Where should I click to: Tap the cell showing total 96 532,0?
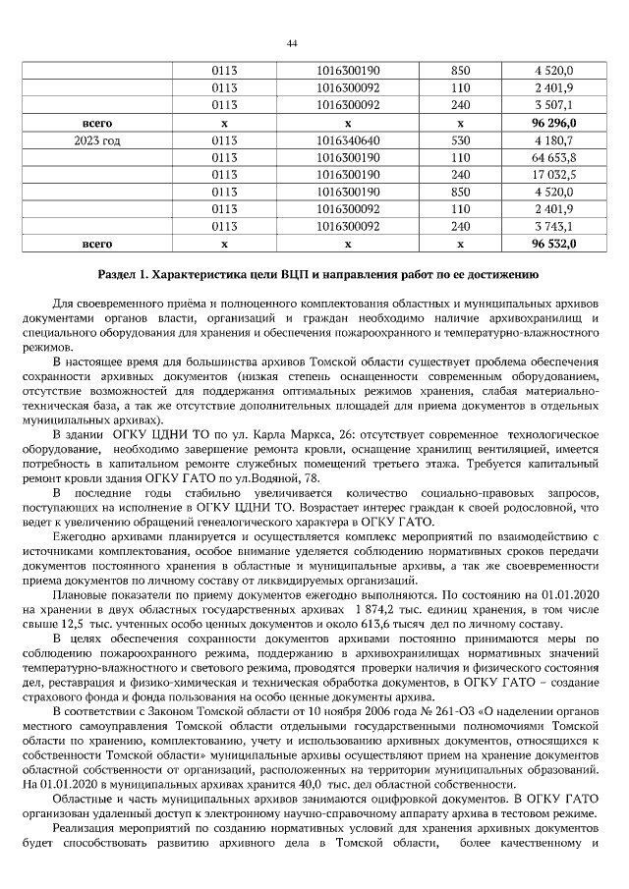click(x=553, y=242)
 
